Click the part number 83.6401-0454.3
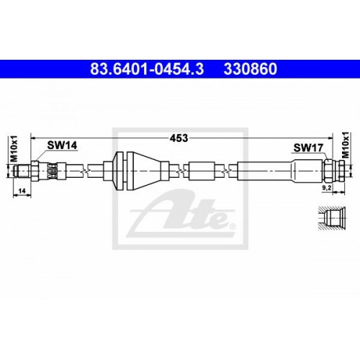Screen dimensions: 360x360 click(x=147, y=69)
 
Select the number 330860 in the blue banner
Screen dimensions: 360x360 click(x=251, y=69)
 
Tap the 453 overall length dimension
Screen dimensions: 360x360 click(x=179, y=138)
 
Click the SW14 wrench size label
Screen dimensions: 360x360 click(x=62, y=145)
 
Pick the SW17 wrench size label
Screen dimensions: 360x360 click(x=308, y=148)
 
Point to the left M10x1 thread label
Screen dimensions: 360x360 click(x=14, y=148)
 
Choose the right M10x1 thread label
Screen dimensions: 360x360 click(x=345, y=145)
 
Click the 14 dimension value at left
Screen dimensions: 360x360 click(x=22, y=191)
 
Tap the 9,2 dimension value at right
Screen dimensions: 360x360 click(x=326, y=188)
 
